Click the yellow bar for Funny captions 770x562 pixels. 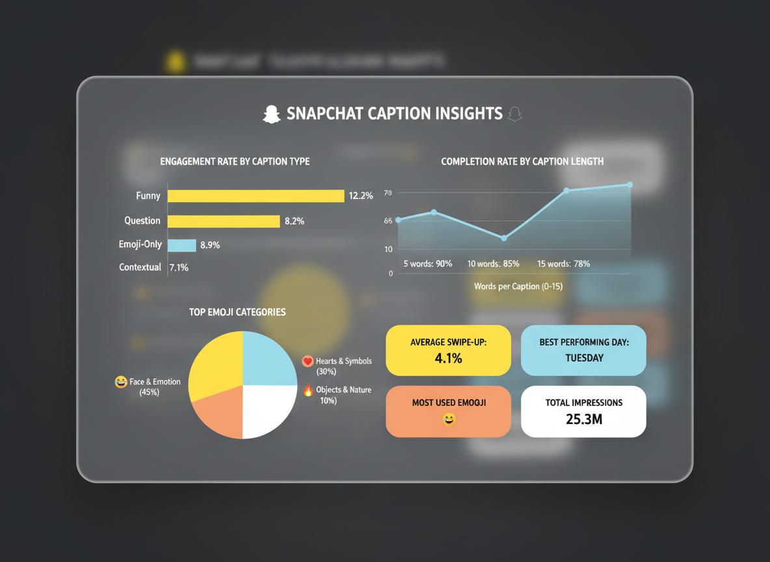[256, 196]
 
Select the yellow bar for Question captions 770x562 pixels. [224, 221]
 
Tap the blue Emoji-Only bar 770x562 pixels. [181, 245]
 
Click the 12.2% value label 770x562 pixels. [361, 196]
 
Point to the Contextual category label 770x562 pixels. [140, 267]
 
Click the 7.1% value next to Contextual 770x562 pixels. [179, 267]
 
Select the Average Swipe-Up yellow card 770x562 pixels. [448, 351]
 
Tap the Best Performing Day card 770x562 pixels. [583, 351]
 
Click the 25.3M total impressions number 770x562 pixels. [583, 420]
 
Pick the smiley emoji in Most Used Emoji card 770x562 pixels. [449, 420]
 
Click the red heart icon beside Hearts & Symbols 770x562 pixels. [308, 362]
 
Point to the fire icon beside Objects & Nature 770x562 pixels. [308, 390]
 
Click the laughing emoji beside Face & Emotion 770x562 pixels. [121, 382]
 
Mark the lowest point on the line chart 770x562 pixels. [504, 238]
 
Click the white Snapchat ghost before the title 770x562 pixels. [271, 114]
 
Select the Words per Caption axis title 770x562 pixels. [518, 286]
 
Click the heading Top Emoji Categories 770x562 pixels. [237, 312]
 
